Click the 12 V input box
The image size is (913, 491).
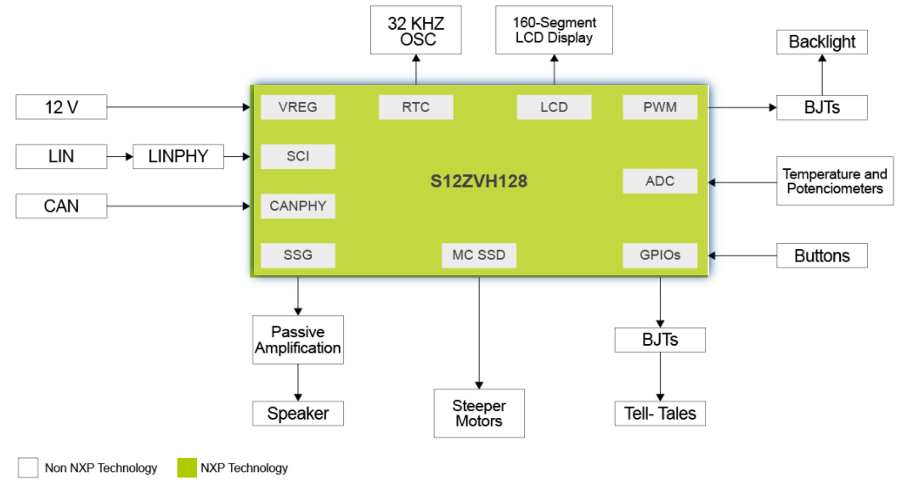(61, 107)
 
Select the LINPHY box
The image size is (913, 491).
(178, 156)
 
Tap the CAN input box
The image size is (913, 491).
(61, 206)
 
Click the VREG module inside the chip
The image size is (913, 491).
(297, 107)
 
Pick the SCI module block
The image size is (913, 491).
(297, 156)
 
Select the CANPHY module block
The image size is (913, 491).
(297, 206)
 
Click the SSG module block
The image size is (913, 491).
(297, 255)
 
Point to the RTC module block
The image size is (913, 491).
(415, 107)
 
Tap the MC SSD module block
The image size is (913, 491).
(479, 255)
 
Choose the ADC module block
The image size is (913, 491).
(660, 181)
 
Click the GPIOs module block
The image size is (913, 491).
(660, 255)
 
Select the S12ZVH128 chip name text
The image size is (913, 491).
(479, 181)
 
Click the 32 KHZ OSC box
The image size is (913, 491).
(416, 31)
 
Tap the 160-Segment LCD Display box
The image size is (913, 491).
(554, 31)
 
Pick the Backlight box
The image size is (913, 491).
(821, 42)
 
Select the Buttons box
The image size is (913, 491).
(821, 255)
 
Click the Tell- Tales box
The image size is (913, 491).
(660, 414)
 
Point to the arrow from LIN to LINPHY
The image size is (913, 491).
(120, 156)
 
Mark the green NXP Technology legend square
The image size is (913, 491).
(187, 467)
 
